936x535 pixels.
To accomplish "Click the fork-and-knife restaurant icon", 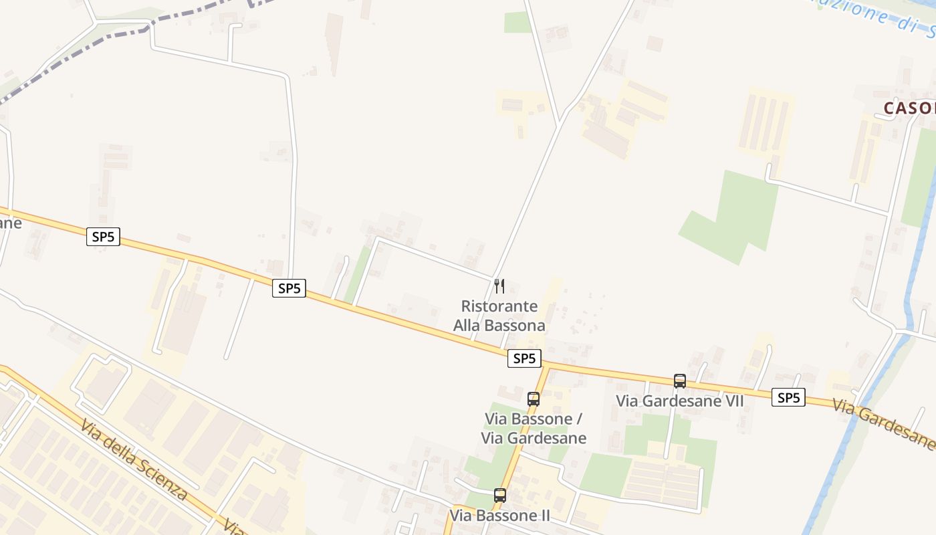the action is coord(499,286).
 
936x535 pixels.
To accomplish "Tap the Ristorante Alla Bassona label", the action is coord(499,316).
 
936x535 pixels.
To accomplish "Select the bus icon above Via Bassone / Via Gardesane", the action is coord(534,399).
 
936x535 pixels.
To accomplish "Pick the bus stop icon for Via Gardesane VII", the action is coord(680,381).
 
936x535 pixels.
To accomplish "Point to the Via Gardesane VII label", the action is coord(679,401).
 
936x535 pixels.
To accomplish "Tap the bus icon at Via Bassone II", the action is coord(500,496).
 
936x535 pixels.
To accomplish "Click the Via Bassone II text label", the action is coord(499,516).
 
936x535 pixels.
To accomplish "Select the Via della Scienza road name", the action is coord(134,461).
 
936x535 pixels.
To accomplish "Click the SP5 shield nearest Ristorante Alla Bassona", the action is coord(524,358).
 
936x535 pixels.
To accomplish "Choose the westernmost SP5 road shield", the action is coord(103,237).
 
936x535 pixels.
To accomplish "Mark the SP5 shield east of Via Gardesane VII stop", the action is coord(789,398).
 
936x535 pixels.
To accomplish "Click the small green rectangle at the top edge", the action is coord(517,22).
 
